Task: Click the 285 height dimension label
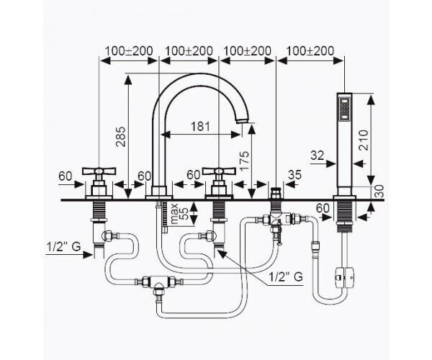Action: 120,137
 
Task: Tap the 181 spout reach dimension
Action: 201,127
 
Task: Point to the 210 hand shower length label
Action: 364,140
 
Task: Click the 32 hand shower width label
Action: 318,156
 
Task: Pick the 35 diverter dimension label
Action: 294,175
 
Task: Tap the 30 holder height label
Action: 379,191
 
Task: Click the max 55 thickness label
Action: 179,214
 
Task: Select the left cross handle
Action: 99,171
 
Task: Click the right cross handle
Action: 219,171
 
